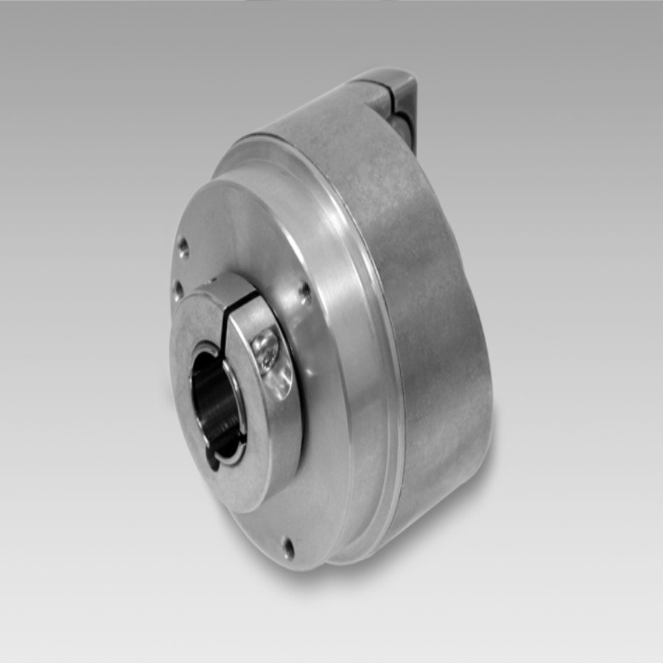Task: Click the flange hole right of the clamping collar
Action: [x=305, y=292]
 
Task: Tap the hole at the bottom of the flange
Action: [x=287, y=547]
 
